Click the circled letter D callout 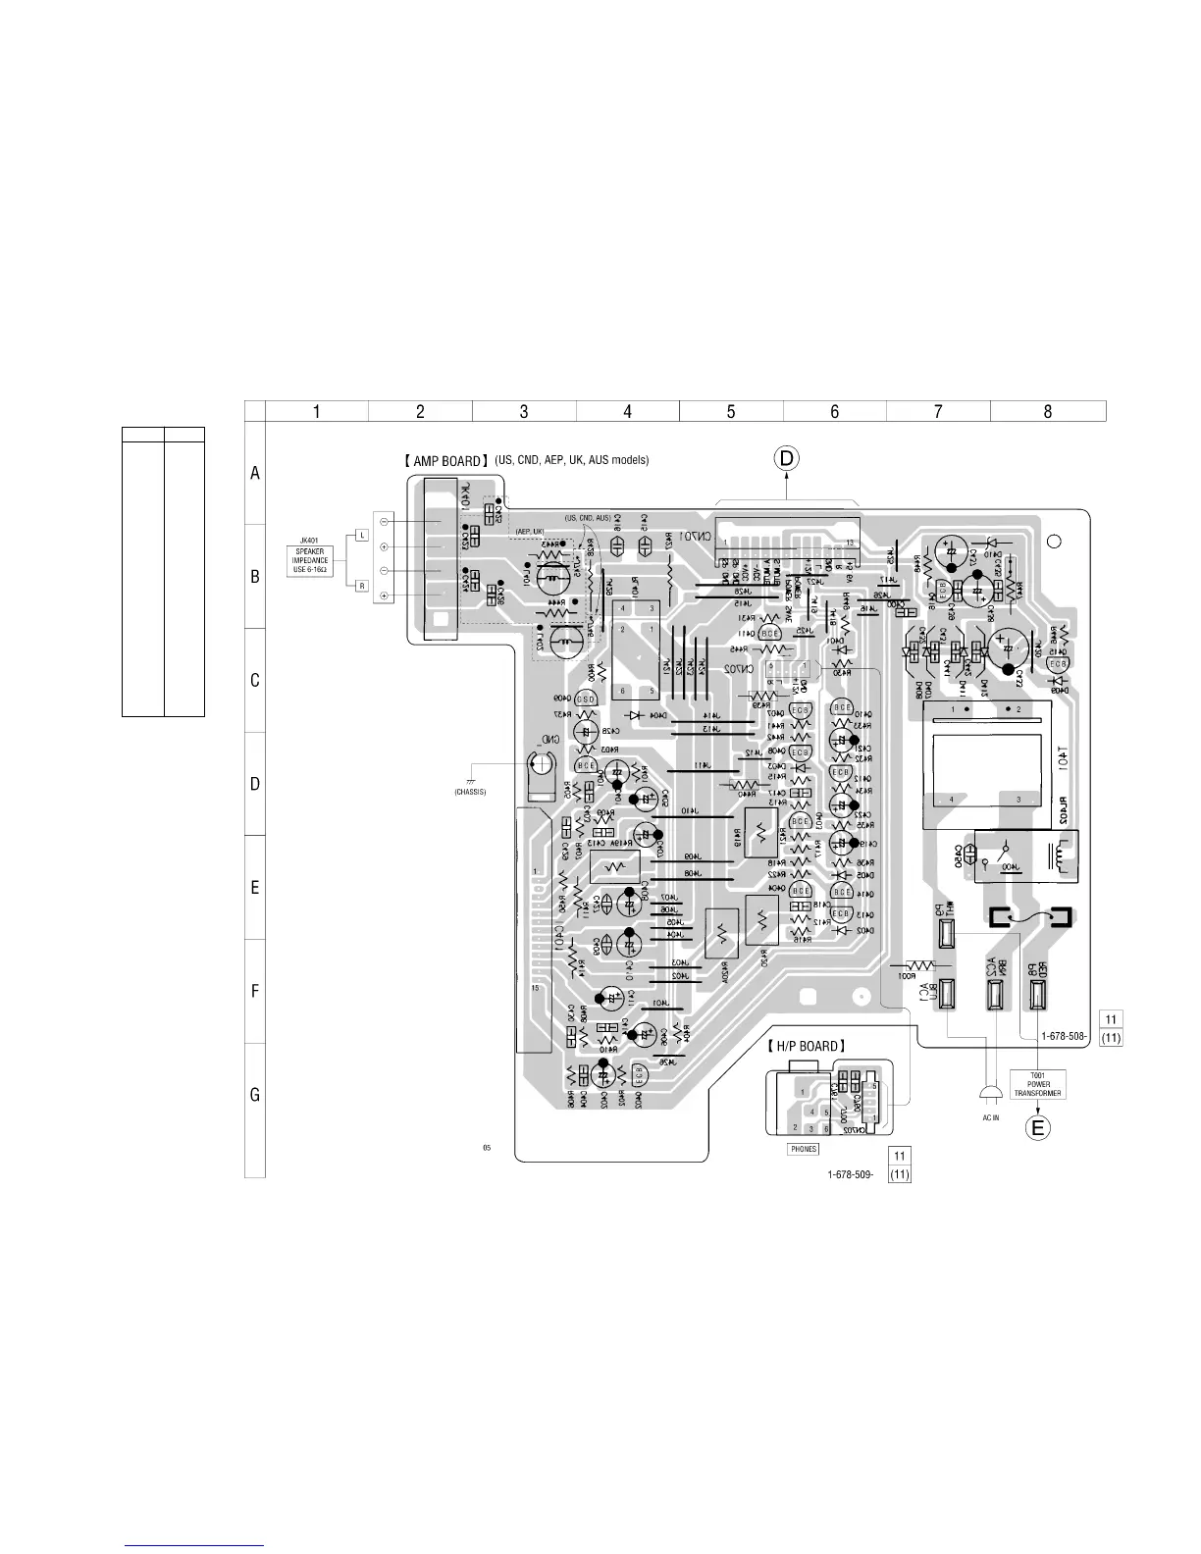pos(789,458)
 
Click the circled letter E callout pos(1039,1128)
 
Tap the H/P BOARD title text pos(805,1046)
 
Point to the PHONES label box pos(803,1149)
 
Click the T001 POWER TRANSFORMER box pos(1038,1084)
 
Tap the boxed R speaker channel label pos(361,586)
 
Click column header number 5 pos(731,412)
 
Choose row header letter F pos(255,991)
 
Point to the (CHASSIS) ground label pos(471,792)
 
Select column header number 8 pos(1047,412)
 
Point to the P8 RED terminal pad pos(1038,995)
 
